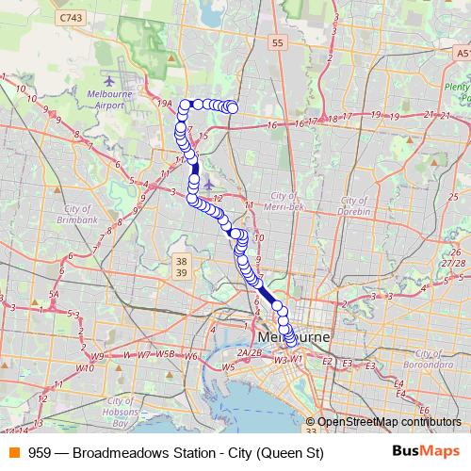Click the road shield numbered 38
click(183, 259)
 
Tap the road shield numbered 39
click(183, 272)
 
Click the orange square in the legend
click(12, 453)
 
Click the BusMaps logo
click(426, 452)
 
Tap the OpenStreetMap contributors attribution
click(388, 423)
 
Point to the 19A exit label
click(166, 104)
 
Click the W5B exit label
click(166, 354)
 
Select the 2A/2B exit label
click(249, 352)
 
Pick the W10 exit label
click(85, 368)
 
